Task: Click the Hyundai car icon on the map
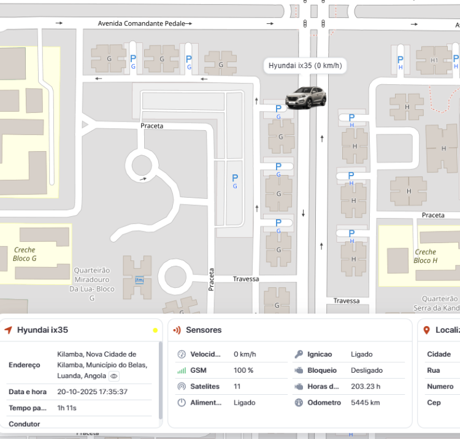pos(306,98)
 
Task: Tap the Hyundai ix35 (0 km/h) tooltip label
pos(305,66)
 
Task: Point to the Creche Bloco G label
pos(25,254)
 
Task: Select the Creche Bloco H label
pos(425,256)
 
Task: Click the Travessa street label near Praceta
pos(245,279)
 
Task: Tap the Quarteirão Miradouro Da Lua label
pos(92,284)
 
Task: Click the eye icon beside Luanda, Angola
pos(114,376)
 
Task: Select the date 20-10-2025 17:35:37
pos(93,392)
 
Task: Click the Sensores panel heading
pos(204,330)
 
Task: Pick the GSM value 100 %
pos(243,370)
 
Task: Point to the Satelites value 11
pos(237,386)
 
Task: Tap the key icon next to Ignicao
pos(299,354)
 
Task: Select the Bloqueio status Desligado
pos(367,370)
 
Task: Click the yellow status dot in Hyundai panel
pos(155,330)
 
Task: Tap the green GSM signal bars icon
pos(181,370)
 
